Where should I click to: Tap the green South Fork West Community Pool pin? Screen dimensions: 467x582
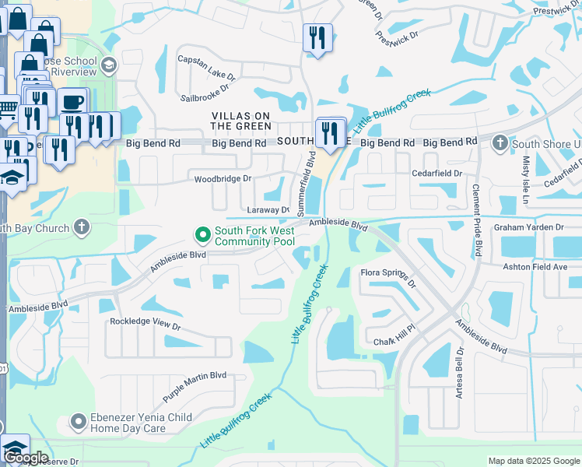202,233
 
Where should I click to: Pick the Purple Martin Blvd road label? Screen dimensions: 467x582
195,385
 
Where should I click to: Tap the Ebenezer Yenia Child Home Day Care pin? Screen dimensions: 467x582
77,423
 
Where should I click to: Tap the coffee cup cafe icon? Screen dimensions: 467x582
73,102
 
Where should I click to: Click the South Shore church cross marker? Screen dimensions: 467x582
499,143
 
